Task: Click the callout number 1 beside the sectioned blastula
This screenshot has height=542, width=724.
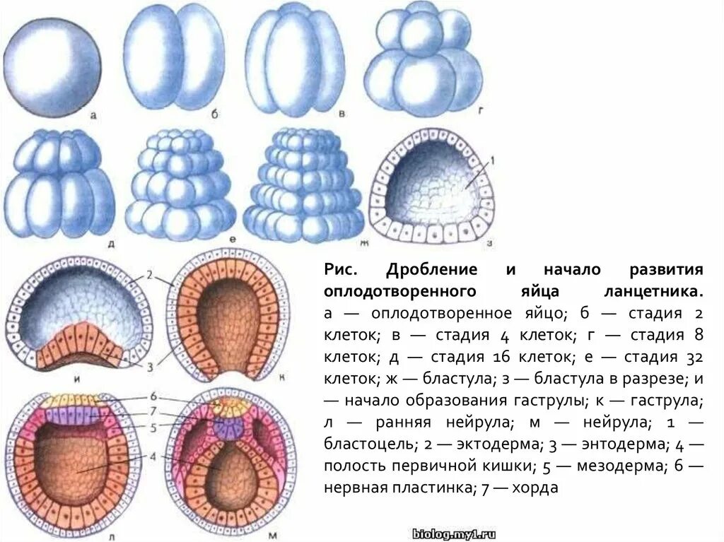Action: click(493, 162)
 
